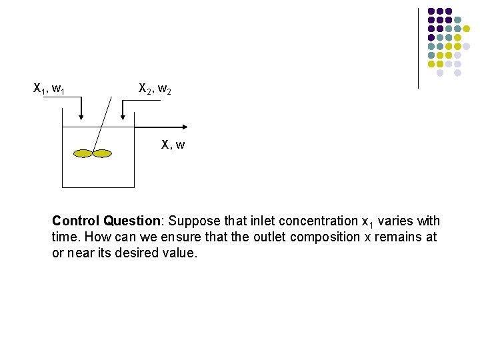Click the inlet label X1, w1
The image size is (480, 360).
(x=49, y=87)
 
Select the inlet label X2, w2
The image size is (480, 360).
(x=155, y=87)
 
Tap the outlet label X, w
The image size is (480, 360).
(x=173, y=144)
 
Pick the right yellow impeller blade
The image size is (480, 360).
(x=102, y=154)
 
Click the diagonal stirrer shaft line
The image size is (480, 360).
(x=102, y=123)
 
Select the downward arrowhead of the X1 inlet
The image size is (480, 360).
(x=81, y=118)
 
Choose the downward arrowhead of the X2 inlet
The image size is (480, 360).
(x=123, y=118)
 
